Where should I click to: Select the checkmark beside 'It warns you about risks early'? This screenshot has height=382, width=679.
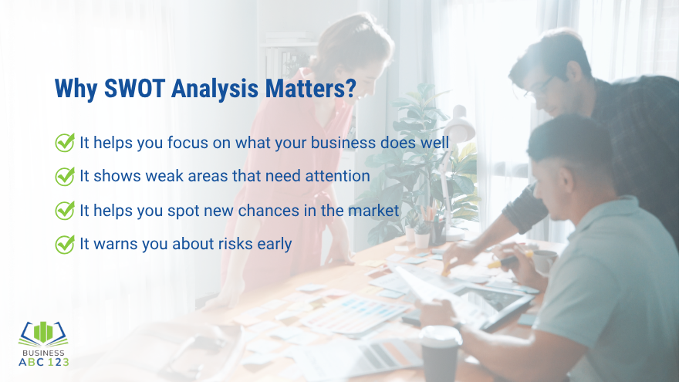coord(65,244)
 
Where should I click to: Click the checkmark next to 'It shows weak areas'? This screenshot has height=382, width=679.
coord(65,176)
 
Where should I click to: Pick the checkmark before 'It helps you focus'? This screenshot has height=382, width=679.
coord(65,142)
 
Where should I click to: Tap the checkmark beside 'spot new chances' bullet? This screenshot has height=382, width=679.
coord(65,210)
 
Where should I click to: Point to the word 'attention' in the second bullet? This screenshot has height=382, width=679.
coord(338,176)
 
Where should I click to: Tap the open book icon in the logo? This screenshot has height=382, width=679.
coord(43,332)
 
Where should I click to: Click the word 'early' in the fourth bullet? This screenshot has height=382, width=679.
coord(275,244)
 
